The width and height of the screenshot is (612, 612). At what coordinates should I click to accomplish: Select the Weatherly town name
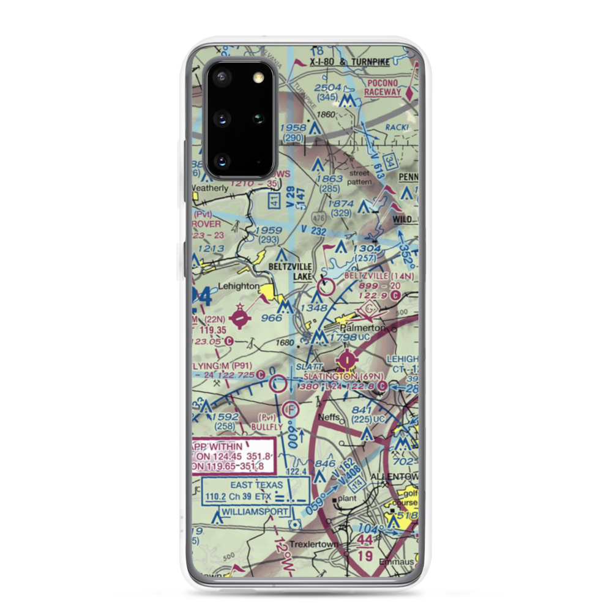210,187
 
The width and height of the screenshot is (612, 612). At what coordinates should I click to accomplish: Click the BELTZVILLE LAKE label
292,272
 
